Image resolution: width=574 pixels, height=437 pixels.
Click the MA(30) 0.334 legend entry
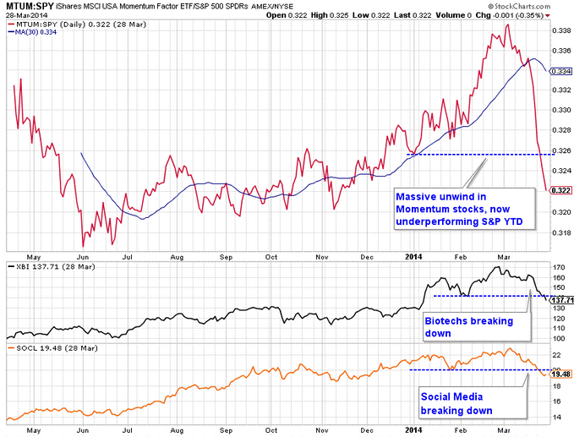click(x=36, y=33)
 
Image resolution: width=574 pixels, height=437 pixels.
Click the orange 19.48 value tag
click(x=560, y=373)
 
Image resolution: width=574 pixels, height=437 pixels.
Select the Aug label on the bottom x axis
click(x=176, y=429)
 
